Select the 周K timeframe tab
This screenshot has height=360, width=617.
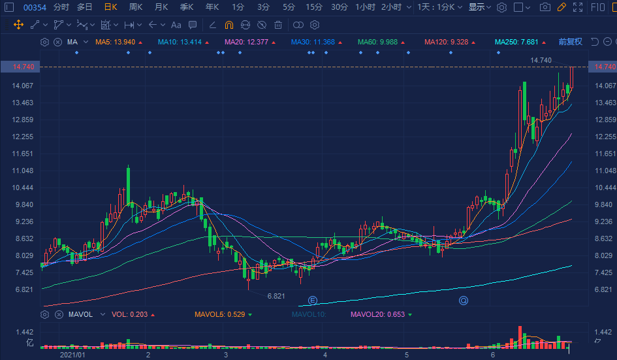tap(136, 7)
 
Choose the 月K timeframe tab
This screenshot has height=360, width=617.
tap(161, 7)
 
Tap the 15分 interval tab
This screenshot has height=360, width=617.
tap(314, 7)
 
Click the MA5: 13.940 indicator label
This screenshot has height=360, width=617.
tap(116, 42)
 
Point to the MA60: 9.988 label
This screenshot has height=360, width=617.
tap(377, 42)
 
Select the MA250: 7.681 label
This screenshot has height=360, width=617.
tap(516, 42)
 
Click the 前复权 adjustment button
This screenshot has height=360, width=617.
tap(570, 42)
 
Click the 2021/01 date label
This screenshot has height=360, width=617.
tap(72, 355)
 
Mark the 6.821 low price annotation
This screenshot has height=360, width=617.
tap(276, 296)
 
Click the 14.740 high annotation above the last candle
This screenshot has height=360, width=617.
tap(541, 60)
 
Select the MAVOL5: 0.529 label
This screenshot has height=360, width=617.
tap(219, 314)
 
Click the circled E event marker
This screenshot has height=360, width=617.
tap(313, 301)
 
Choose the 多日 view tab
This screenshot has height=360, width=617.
tap(84, 7)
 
